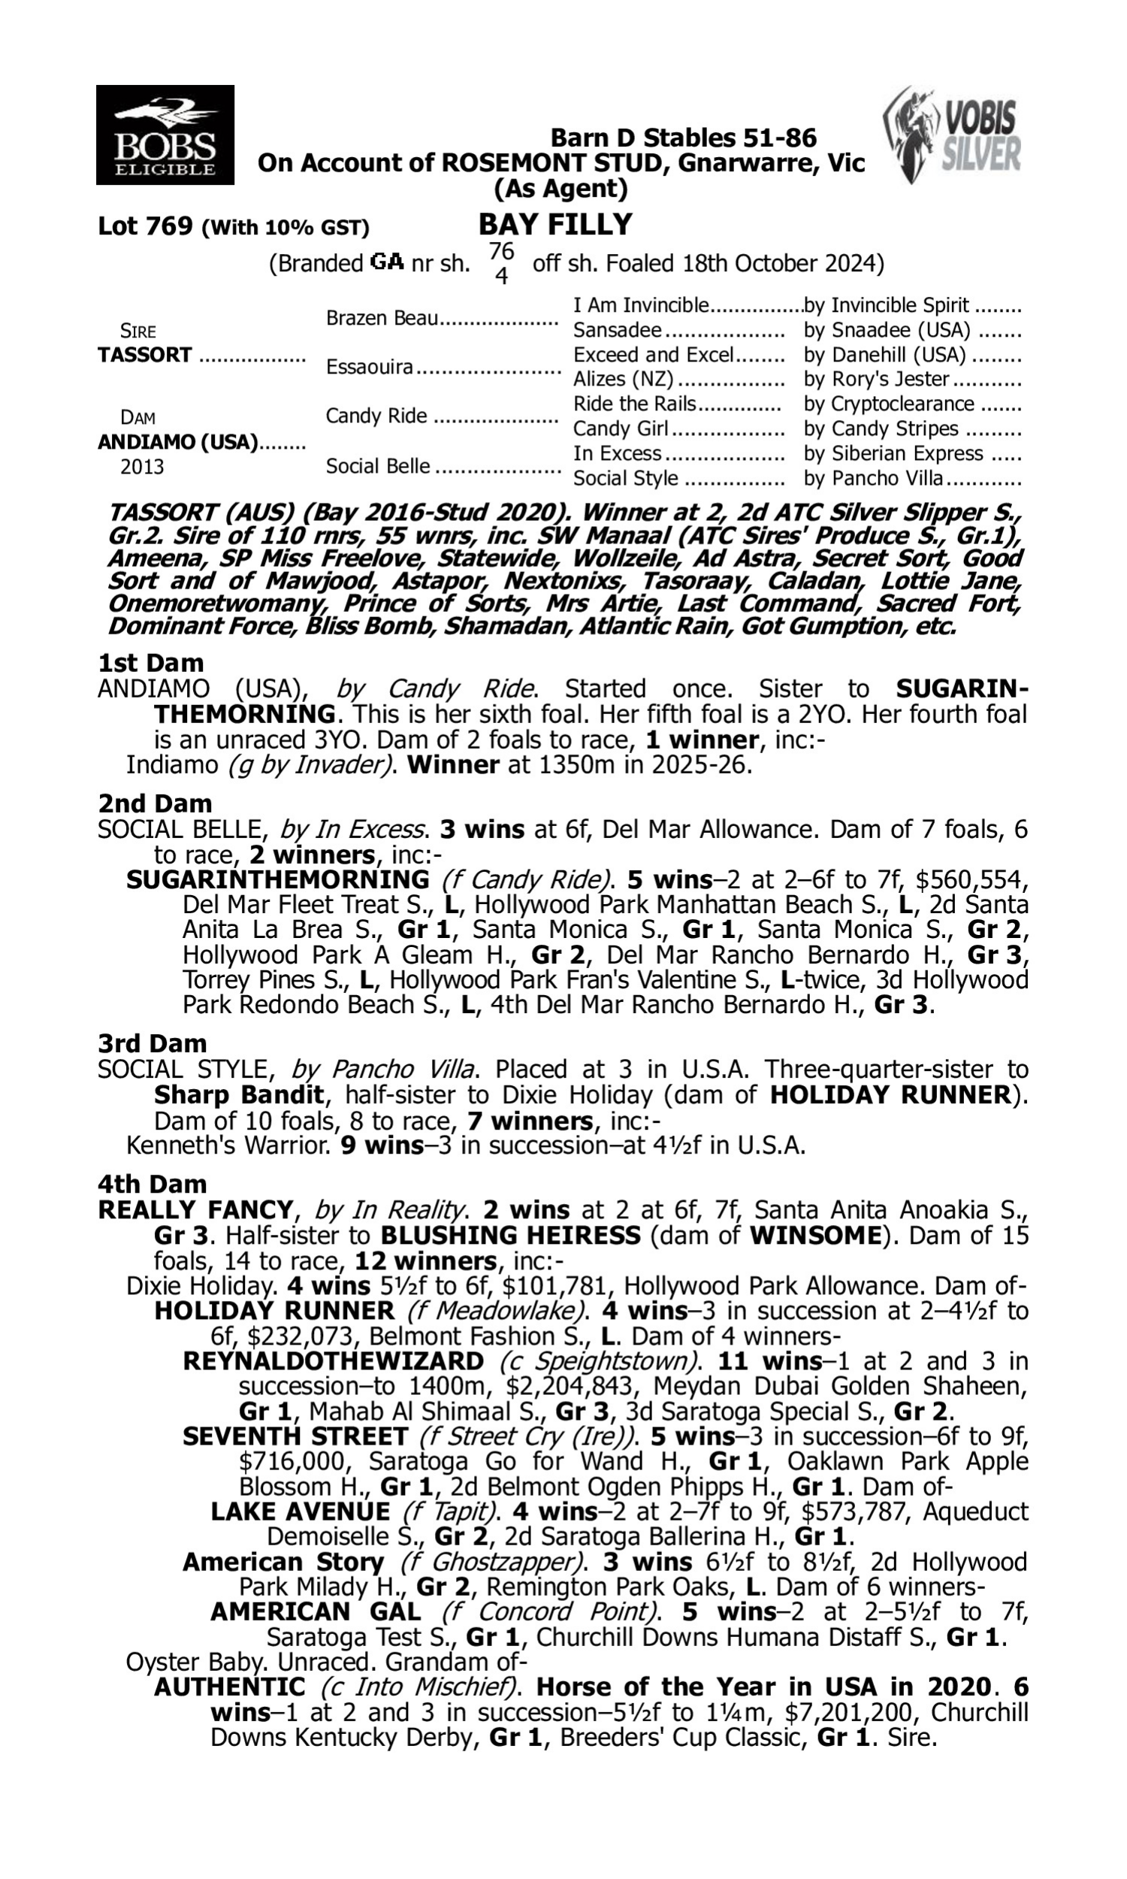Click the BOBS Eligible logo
tap(165, 135)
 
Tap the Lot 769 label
tap(144, 226)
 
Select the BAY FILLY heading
tap(555, 225)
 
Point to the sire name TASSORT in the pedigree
tap(145, 355)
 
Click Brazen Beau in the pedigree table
tap(382, 318)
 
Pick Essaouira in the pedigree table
tap(369, 367)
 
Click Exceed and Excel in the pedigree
tap(653, 355)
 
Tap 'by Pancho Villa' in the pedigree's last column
tap(873, 479)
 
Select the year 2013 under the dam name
tap(142, 466)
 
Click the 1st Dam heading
tap(150, 663)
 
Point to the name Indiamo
tap(171, 764)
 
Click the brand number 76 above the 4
tap(501, 251)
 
